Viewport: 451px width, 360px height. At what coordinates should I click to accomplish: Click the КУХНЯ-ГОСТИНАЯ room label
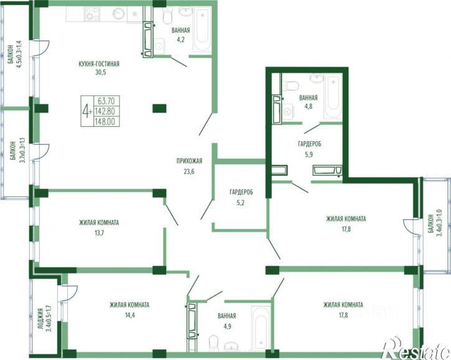tap(99, 64)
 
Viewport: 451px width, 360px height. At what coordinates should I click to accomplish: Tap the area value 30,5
tap(101, 72)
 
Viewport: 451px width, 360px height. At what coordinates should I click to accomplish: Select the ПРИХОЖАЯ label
tap(189, 161)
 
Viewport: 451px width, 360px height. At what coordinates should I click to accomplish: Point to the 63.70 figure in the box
tap(106, 101)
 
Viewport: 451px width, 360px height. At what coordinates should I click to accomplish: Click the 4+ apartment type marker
tap(87, 111)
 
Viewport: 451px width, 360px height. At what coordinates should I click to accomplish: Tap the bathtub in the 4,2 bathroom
tap(202, 30)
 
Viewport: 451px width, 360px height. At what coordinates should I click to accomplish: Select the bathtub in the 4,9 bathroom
tap(261, 328)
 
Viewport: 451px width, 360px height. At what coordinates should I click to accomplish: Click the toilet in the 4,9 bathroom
tap(214, 343)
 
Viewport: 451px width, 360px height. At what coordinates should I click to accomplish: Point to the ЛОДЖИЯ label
tap(40, 320)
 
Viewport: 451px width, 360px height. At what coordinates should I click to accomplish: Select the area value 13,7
tap(99, 233)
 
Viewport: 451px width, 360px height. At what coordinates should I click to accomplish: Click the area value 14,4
tap(129, 315)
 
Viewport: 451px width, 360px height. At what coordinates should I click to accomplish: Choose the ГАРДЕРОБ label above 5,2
tap(241, 192)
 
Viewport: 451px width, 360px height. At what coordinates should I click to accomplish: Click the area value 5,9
tap(309, 154)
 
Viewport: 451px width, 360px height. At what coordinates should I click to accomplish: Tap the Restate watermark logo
tap(416, 348)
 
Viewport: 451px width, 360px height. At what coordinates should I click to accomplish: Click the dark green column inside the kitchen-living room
tap(159, 108)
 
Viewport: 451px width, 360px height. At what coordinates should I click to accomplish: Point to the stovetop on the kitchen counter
tap(91, 14)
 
